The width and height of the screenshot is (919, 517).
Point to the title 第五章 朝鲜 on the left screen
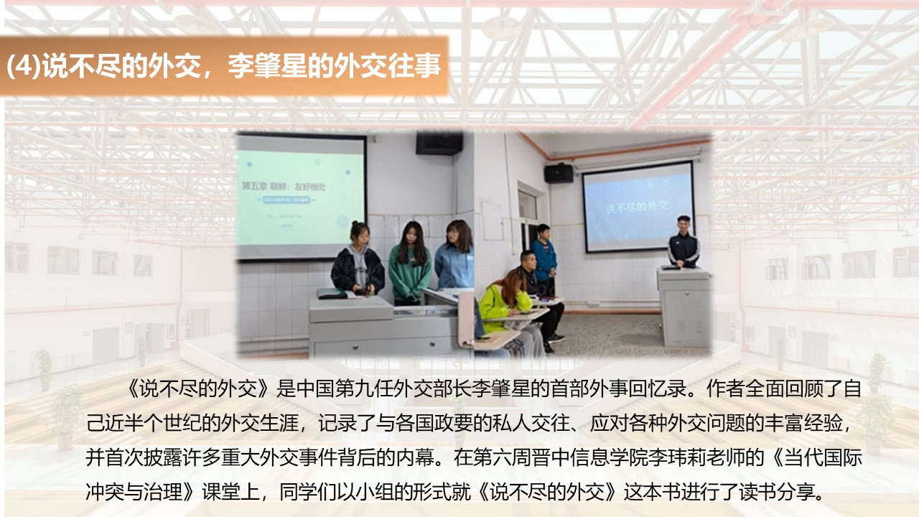(265, 185)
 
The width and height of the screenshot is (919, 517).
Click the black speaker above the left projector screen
(439, 143)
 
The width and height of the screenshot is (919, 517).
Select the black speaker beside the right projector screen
(559, 173)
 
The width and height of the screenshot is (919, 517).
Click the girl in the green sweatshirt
(409, 263)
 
